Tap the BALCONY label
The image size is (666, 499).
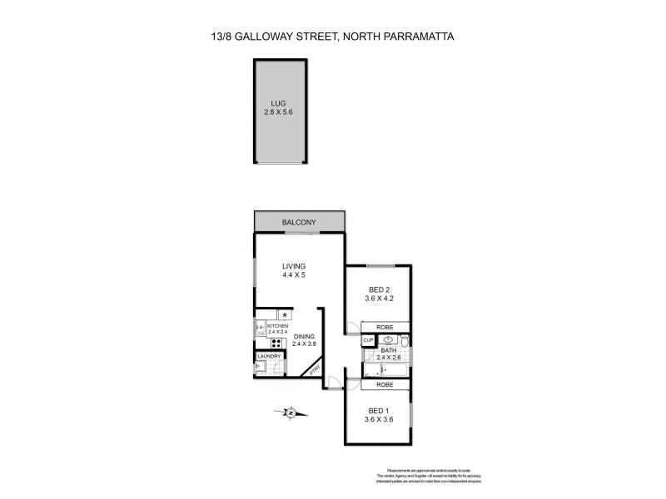click(301, 223)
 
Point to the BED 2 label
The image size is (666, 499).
click(377, 291)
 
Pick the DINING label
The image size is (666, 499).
click(304, 336)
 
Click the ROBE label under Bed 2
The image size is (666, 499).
click(385, 327)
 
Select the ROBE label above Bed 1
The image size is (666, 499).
click(385, 385)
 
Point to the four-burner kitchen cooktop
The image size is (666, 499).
click(274, 342)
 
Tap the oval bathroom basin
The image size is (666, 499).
click(386, 339)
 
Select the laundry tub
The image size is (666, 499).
click(260, 367)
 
